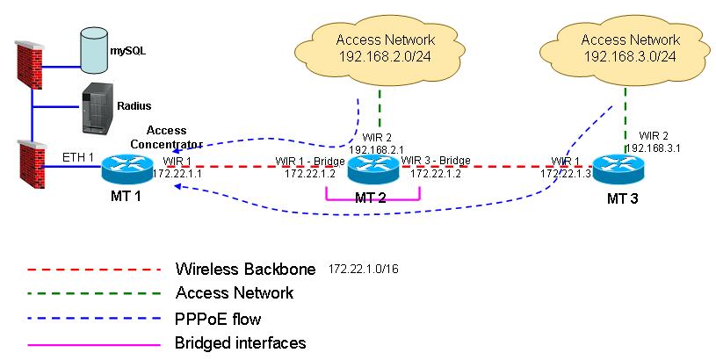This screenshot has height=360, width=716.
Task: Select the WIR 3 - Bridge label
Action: pos(436,162)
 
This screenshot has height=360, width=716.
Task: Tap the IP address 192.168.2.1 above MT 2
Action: pos(375,149)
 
